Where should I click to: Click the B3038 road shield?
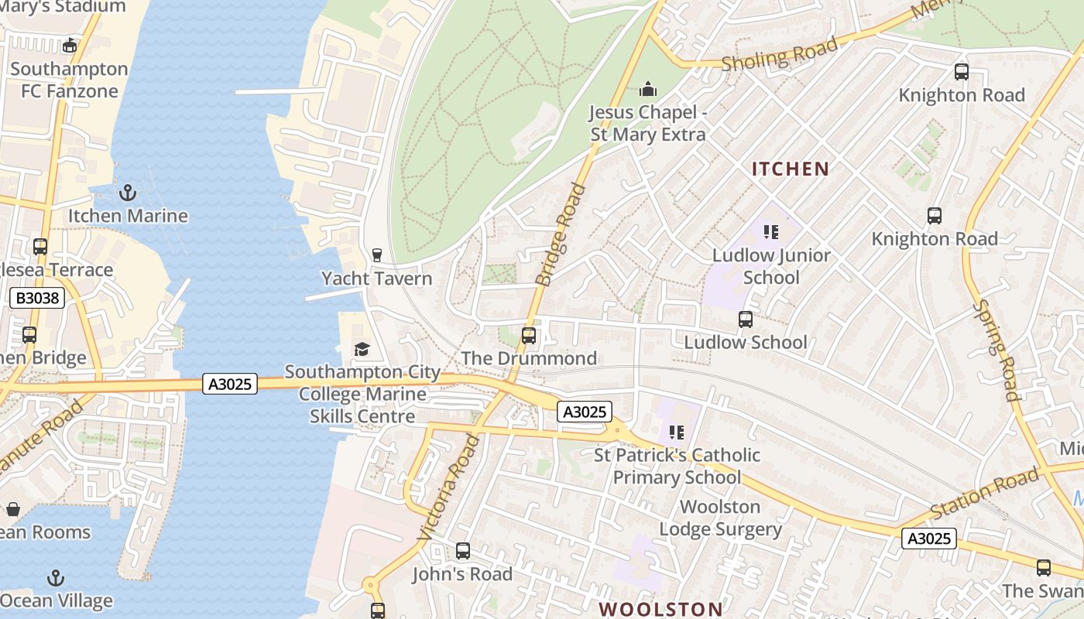(36, 298)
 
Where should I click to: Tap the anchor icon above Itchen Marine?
(128, 192)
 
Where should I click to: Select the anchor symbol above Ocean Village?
(55, 578)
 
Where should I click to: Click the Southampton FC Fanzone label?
(69, 80)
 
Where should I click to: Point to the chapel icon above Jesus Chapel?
(648, 90)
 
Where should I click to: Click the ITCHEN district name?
(791, 169)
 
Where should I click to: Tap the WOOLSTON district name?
(661, 609)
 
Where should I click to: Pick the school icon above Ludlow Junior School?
(770, 231)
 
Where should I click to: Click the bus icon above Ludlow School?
(746, 319)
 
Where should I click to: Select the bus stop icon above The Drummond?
(529, 335)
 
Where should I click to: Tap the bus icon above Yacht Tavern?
(377, 255)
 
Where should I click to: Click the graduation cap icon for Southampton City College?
(362, 350)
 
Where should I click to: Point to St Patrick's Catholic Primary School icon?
(677, 432)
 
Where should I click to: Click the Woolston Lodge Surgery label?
(720, 518)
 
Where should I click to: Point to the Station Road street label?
(983, 493)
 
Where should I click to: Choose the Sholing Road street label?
(780, 54)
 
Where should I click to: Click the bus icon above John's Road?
(463, 551)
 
